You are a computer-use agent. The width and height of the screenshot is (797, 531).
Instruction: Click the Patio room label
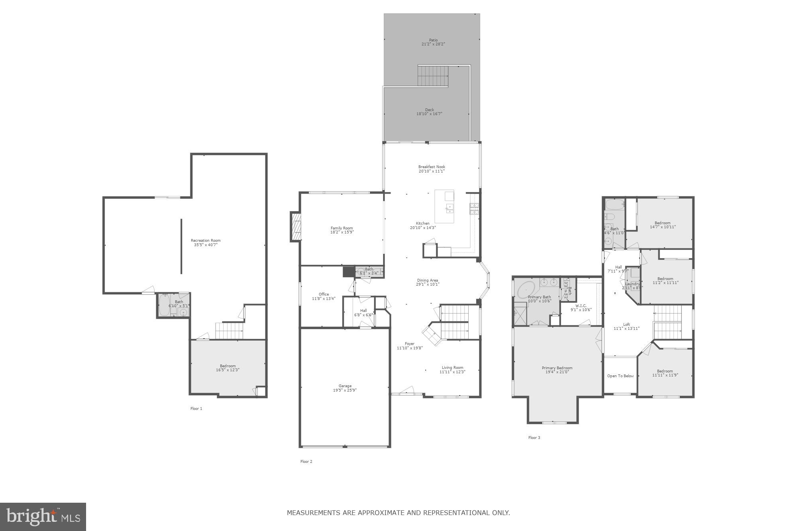433,40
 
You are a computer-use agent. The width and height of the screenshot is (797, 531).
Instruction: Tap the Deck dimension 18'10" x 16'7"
429,114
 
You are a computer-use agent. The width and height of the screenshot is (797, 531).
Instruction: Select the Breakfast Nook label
432,167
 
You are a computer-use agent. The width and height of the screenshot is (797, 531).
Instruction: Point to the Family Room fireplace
295,227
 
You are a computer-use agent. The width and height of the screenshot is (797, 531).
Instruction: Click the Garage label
345,386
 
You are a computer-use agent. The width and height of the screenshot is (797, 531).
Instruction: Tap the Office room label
324,294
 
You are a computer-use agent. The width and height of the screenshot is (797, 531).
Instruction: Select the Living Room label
452,368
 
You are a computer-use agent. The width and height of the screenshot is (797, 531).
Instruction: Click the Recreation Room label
206,241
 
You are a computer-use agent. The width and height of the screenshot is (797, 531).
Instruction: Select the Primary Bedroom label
557,368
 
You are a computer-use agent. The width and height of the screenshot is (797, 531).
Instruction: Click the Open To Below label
620,376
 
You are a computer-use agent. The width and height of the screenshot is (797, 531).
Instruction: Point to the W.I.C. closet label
581,306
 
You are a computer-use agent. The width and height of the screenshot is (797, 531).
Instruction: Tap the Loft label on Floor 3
626,324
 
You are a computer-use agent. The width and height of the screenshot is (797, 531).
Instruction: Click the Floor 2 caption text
306,462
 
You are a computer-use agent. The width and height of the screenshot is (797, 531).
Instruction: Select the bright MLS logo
43,517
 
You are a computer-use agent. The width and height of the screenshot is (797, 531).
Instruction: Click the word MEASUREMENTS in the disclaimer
314,513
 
